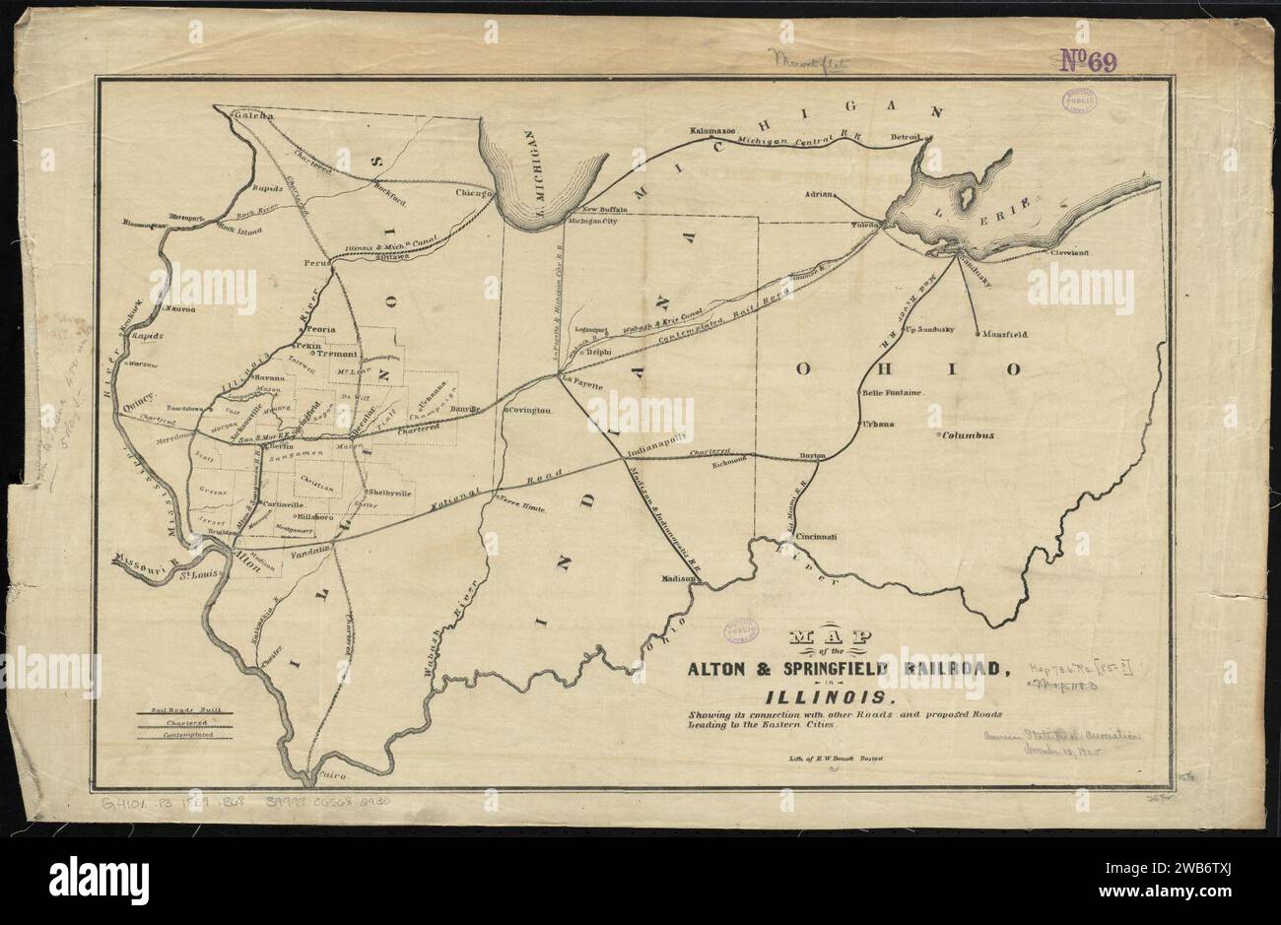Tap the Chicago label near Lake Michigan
click(473, 195)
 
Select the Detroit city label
click(904, 136)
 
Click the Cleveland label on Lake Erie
click(1069, 253)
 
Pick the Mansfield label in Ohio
click(1005, 335)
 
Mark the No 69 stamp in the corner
click(1088, 63)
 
